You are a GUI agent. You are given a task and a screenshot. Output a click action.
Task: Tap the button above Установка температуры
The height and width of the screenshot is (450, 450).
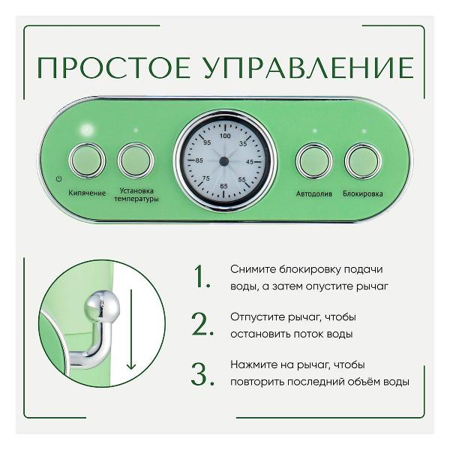136,160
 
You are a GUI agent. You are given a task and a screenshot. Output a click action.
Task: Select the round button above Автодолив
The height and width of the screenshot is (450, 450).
313,160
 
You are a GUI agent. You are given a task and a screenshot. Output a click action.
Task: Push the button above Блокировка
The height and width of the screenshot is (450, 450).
363,160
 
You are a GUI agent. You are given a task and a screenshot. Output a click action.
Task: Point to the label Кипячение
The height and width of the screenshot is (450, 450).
88,193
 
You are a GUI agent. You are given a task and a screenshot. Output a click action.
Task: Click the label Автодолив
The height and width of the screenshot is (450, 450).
313,193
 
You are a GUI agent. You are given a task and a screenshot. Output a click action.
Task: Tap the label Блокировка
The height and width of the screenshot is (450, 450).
363,193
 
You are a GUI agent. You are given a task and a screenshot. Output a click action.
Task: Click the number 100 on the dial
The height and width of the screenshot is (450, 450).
225,136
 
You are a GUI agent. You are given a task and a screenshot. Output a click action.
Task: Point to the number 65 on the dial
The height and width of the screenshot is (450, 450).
224,185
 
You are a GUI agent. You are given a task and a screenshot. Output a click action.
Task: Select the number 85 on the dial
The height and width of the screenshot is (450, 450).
199,160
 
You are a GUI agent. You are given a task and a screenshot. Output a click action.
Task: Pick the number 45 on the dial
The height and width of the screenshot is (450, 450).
250,161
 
